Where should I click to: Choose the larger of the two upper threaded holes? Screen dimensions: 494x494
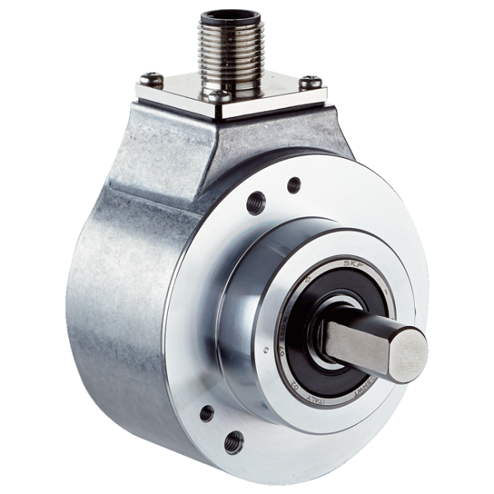coord(256,200)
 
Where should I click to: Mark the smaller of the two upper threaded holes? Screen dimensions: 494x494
coord(294,184)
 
